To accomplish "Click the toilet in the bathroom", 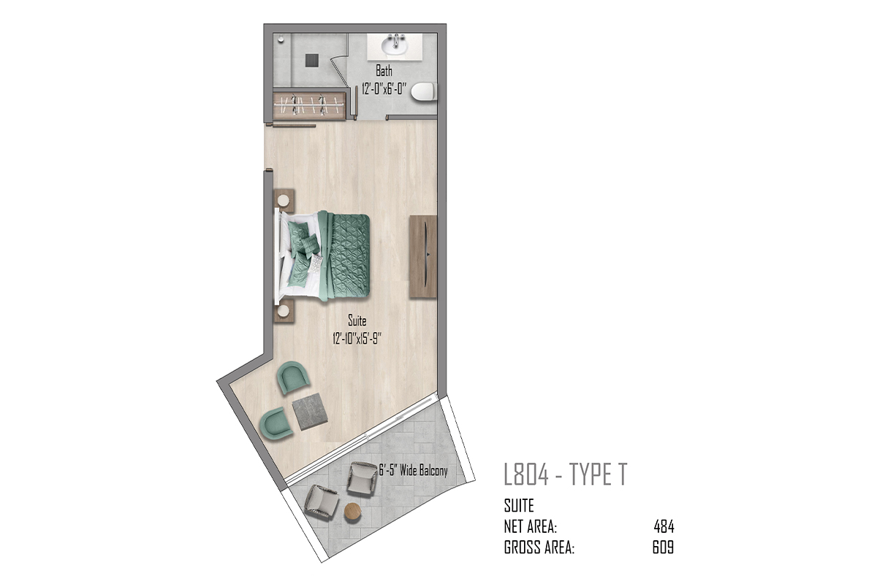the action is point(424,92).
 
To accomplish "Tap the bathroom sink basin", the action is point(395,46).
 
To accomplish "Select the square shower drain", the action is point(312,61).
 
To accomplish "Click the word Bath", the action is point(384,72).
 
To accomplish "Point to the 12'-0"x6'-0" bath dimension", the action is point(384,89).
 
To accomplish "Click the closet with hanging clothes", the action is point(309,105).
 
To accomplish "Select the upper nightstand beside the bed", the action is point(284,201).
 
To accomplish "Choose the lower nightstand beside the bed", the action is point(284,311).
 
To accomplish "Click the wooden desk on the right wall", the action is point(423,257).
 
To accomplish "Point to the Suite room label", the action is point(357,320).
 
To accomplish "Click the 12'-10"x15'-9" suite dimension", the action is point(357,338).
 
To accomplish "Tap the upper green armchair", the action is point(293,377).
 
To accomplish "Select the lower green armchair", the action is point(276,423).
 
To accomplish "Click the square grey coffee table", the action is point(310,412).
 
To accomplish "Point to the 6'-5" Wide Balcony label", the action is point(413,470).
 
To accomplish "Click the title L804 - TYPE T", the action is point(566,474).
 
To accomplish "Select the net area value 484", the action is point(664,527).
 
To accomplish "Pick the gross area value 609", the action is point(664,547).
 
